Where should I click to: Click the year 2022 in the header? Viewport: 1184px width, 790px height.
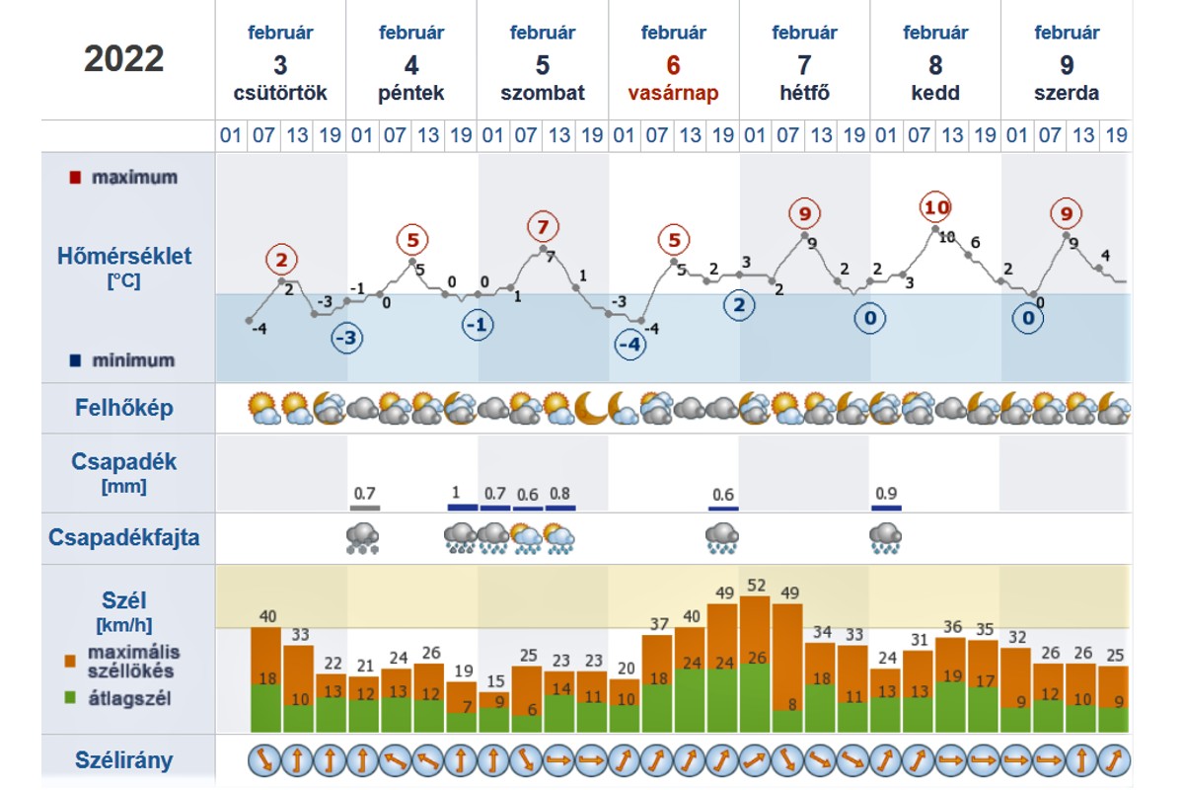pos(124,59)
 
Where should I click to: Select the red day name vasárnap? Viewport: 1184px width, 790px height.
pos(673,94)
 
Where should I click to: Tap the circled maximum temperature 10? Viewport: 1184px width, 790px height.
pos(935,207)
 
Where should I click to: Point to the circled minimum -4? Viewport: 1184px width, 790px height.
pos(629,346)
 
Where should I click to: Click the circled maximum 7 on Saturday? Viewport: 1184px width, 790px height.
pos(542,226)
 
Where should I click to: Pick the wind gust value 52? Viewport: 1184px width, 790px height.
pos(757,585)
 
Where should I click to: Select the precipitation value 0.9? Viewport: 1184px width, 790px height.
pos(885,493)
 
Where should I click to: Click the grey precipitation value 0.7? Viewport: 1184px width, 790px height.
pos(364,493)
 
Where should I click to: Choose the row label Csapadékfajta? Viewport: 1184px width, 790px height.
pos(124,537)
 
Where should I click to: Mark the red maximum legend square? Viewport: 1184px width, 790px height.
pos(75,178)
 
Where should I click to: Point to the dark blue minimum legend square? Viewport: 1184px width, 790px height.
pos(75,360)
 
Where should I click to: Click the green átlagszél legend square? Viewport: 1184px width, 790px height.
pos(69,697)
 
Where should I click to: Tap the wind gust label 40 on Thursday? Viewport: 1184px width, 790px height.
pos(266,616)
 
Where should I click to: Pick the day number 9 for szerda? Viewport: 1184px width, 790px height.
pos(1067,65)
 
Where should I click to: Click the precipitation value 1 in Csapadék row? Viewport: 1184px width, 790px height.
pos(456,493)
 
